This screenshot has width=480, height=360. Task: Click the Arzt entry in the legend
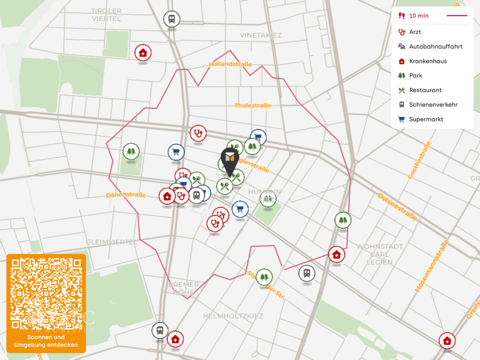click(415, 32)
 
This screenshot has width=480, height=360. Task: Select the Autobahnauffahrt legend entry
click(435, 46)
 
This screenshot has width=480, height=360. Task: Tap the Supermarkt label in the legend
click(426, 119)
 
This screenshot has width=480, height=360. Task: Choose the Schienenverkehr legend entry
click(433, 105)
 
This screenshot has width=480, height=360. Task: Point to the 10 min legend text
click(418, 16)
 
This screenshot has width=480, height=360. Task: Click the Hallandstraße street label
click(230, 64)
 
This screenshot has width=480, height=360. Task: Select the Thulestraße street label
click(252, 105)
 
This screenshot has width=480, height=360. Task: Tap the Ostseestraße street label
click(397, 206)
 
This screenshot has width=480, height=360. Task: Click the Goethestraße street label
click(419, 160)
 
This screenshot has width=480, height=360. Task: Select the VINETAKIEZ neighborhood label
click(260, 35)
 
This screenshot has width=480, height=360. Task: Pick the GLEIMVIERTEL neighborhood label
click(111, 242)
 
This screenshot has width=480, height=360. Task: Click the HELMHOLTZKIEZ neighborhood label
click(232, 316)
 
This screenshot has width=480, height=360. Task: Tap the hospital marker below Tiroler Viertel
click(143, 52)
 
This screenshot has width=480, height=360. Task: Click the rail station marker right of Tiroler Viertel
click(171, 19)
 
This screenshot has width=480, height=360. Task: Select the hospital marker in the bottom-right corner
click(447, 340)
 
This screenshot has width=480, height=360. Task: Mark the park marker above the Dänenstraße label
click(131, 150)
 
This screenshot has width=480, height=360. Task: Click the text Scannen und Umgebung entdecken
click(46, 341)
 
